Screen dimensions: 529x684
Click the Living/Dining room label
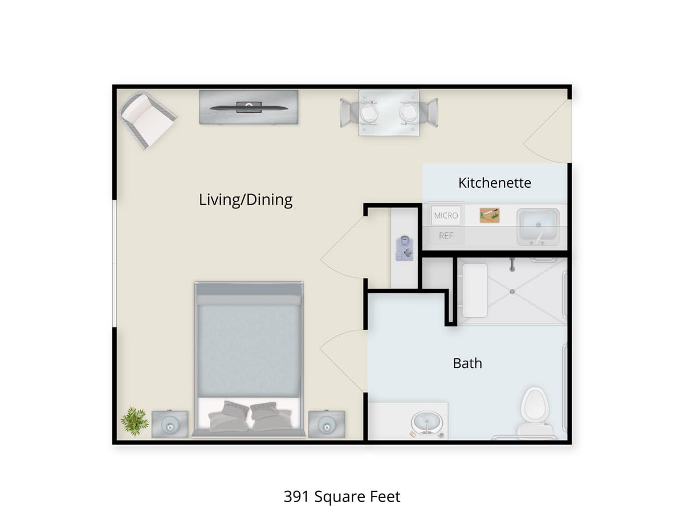(246, 200)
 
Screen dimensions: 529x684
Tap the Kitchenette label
(494, 183)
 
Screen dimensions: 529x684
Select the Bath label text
(467, 363)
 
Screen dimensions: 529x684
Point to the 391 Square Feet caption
(342, 496)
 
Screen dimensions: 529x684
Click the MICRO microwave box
(446, 215)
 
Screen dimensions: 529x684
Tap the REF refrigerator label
(446, 235)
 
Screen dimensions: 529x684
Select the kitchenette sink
(538, 225)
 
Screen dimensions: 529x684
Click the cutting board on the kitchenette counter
(489, 215)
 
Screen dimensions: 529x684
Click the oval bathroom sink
(426, 423)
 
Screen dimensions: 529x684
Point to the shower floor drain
(512, 292)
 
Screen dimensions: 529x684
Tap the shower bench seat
(474, 290)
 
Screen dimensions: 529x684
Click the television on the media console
(249, 107)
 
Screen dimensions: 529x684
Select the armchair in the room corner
(147, 120)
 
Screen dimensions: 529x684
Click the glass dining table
(389, 112)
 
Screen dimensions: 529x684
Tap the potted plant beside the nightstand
(135, 421)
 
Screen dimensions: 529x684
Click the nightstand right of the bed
(326, 424)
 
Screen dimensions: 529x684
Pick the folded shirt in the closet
(405, 248)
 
